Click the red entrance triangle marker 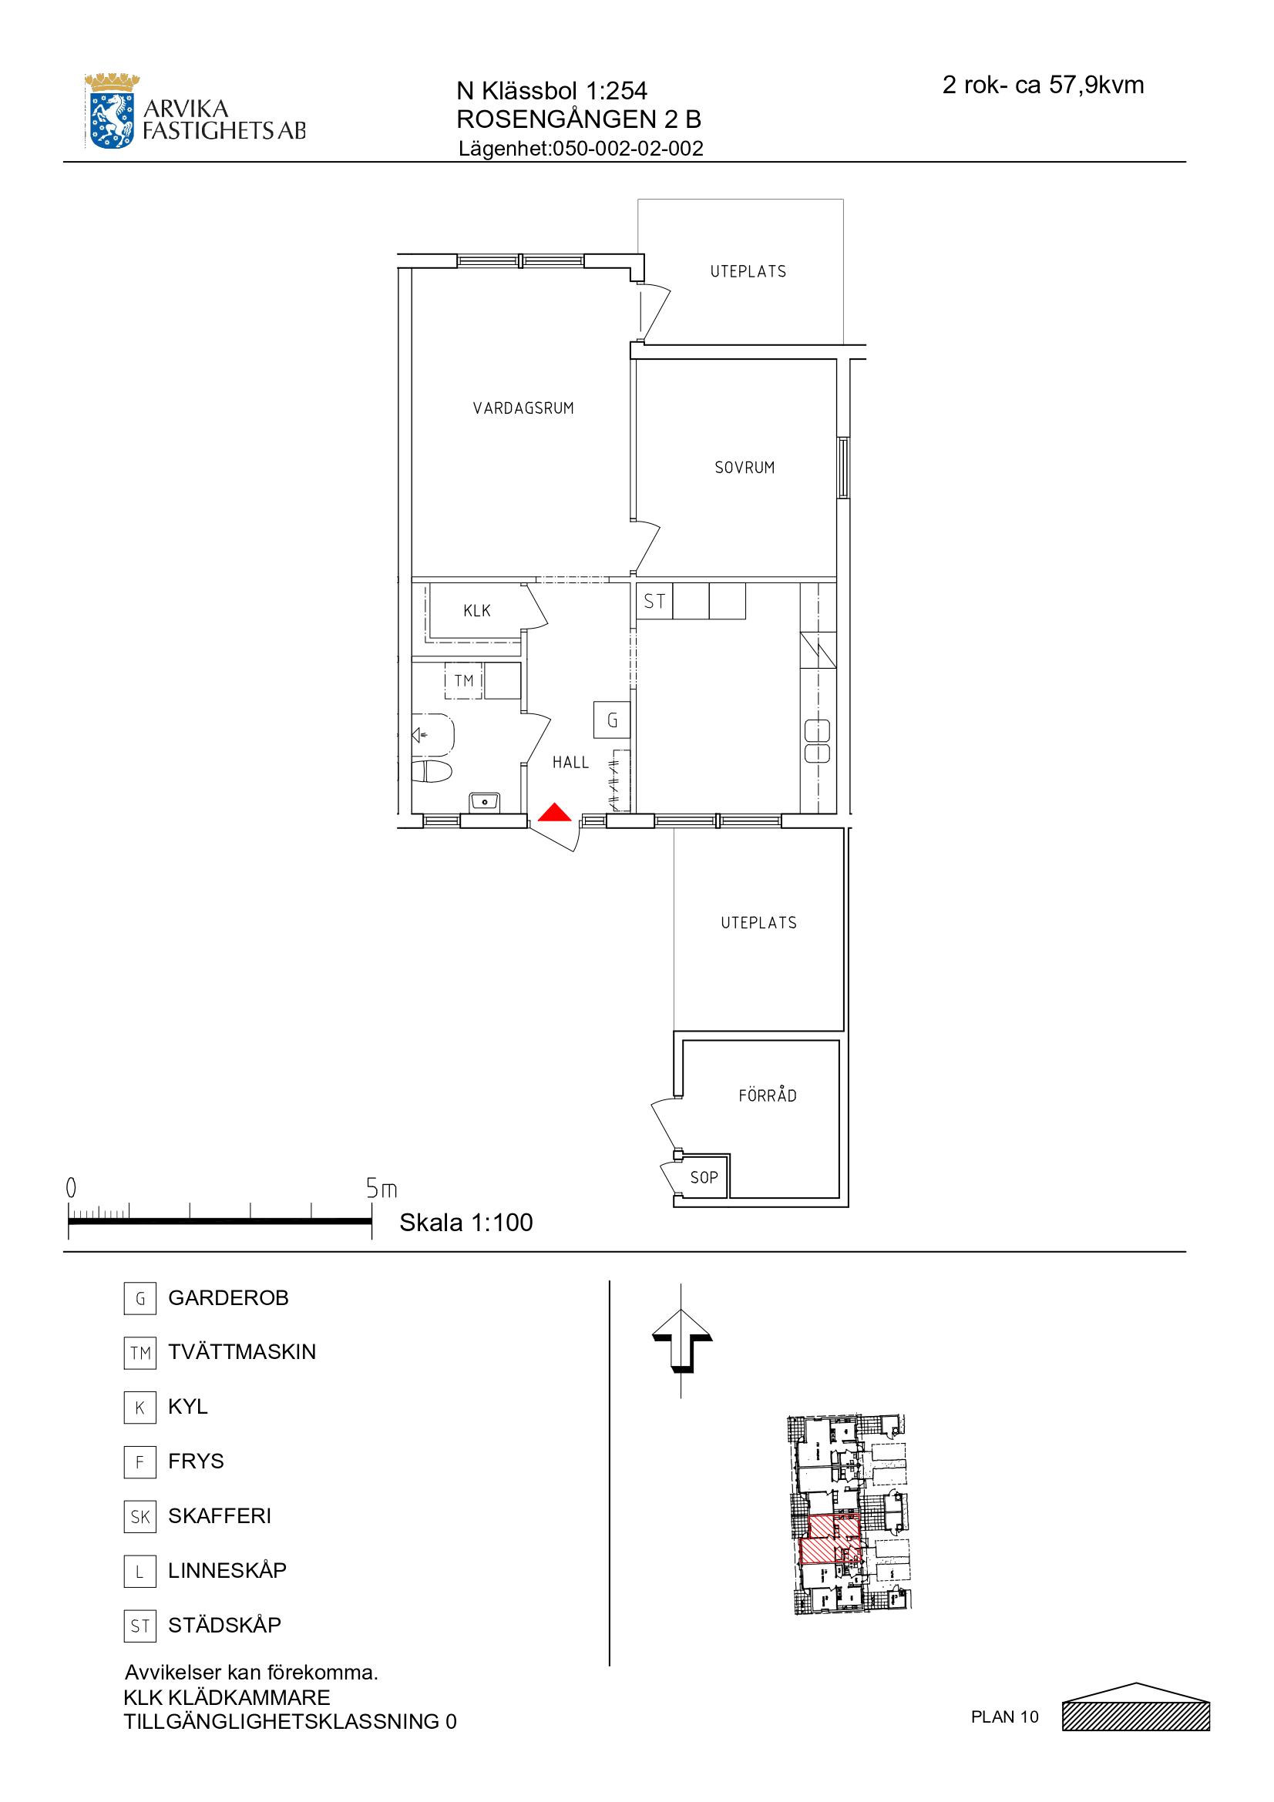(x=554, y=812)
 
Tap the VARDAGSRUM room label (x=523, y=408)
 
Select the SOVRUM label (x=745, y=468)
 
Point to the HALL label (x=570, y=762)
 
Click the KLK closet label (x=477, y=611)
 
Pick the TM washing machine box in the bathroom (x=464, y=680)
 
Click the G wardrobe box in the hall (x=612, y=720)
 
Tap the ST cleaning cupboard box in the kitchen (x=654, y=601)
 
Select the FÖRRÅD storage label (x=768, y=1096)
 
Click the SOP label (x=704, y=1177)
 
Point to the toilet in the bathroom (x=432, y=770)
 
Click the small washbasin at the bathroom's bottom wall (x=486, y=802)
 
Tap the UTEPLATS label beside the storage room (x=759, y=923)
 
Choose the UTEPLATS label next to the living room (x=748, y=271)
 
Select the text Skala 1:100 (x=466, y=1222)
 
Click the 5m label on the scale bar (x=382, y=1189)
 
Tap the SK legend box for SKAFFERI (x=140, y=1516)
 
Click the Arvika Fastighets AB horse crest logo (x=113, y=111)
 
